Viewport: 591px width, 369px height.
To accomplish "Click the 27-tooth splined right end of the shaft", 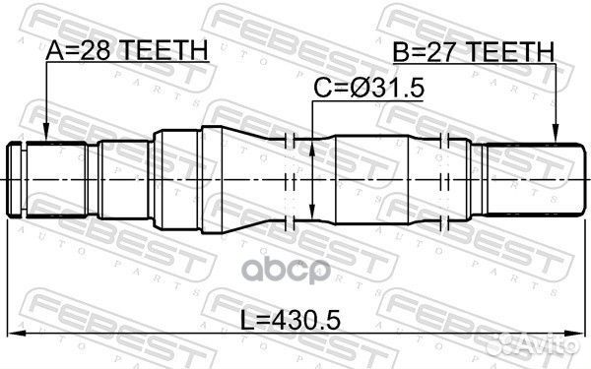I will coord(532,180).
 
